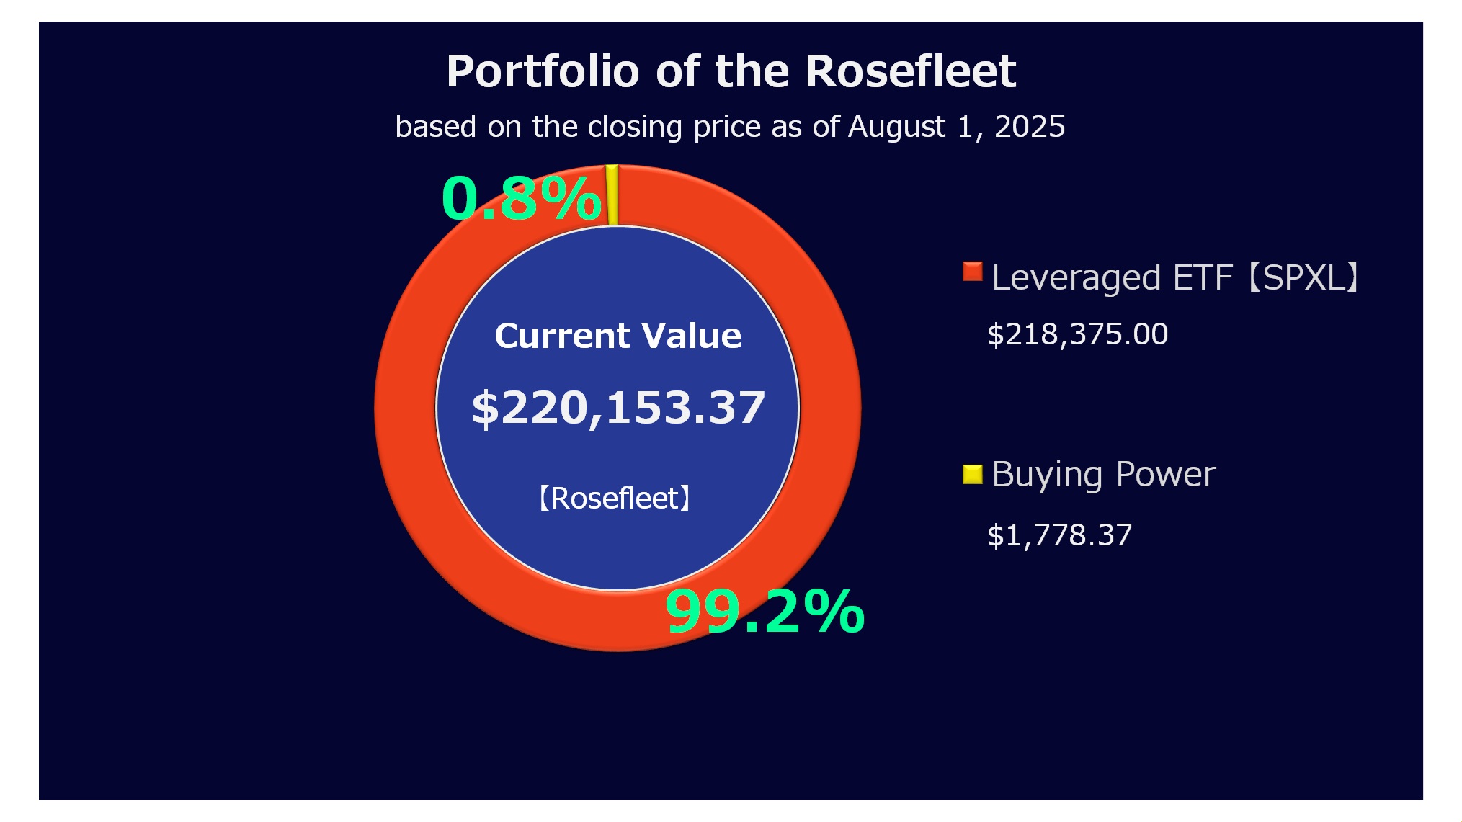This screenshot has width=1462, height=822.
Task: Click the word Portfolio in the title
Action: coord(543,71)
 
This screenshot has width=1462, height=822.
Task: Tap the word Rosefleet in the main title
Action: coord(910,71)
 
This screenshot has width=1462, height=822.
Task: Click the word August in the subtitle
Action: coord(896,127)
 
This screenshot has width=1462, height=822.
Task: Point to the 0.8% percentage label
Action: coord(521,198)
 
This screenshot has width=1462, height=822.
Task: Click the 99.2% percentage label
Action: coord(765,612)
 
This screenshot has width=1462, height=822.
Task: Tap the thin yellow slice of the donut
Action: coord(612,195)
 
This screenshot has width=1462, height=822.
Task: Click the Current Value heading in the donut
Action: coord(618,336)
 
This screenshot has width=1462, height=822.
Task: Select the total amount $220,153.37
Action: coord(618,408)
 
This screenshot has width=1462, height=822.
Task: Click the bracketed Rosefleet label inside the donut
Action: coord(615,498)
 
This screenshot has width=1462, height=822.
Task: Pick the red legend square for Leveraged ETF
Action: coord(972,272)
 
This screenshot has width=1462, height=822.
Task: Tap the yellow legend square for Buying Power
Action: coord(972,473)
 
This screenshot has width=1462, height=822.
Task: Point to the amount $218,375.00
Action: coord(1077,334)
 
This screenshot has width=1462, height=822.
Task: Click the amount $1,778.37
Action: coord(1059,535)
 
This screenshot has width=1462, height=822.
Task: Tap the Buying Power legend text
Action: coord(1103,475)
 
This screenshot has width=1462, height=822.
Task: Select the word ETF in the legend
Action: coord(1203,278)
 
